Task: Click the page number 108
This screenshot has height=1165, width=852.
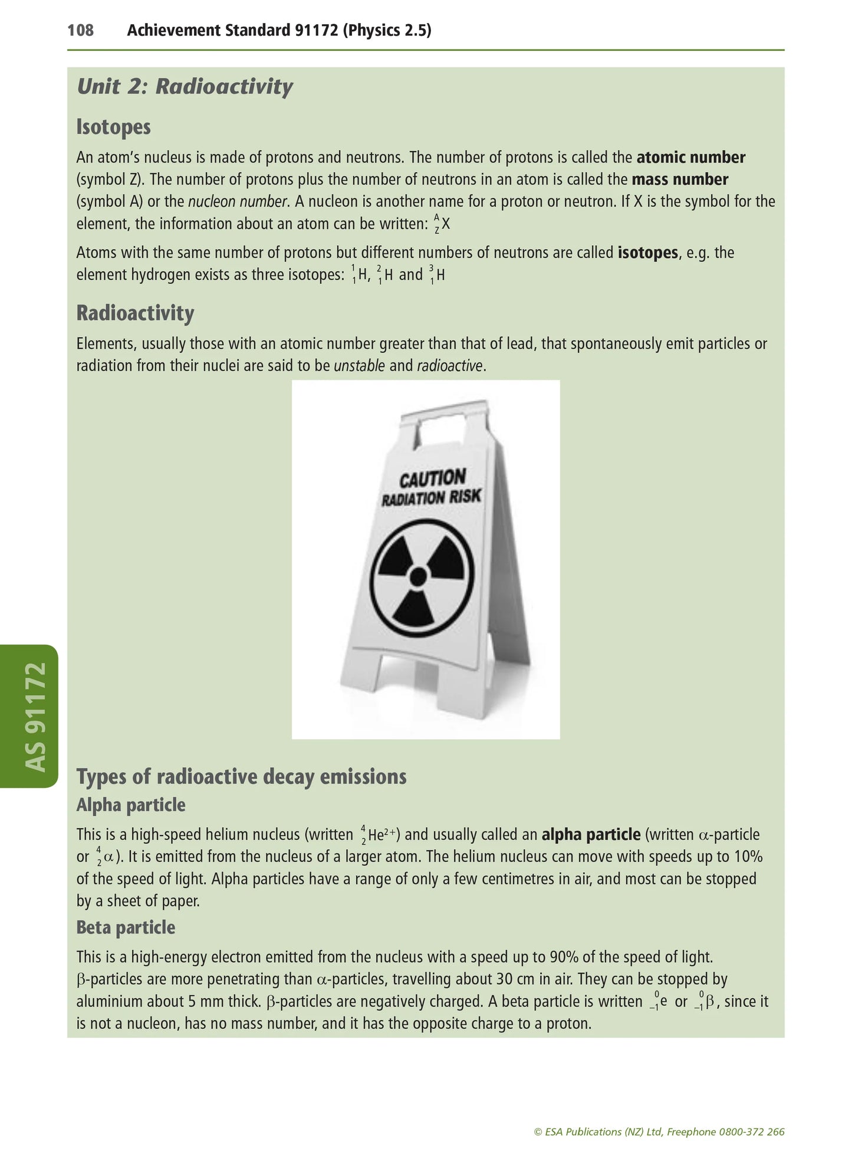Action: [x=80, y=30]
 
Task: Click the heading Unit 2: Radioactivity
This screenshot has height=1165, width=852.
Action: [x=185, y=87]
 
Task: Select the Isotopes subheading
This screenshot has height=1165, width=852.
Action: [x=113, y=127]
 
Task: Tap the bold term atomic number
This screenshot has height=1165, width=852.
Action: [x=690, y=157]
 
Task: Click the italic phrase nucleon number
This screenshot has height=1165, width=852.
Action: [x=238, y=202]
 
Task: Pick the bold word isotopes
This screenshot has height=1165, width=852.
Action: [x=647, y=253]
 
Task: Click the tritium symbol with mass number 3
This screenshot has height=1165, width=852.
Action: [x=437, y=275]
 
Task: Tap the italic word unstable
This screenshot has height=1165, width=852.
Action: [x=359, y=366]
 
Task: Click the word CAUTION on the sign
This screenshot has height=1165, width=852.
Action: [x=433, y=478]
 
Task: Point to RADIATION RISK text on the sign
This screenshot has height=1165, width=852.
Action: [x=431, y=499]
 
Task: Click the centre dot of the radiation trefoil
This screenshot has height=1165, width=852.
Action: [x=418, y=576]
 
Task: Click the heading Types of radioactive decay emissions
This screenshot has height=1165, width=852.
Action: [x=241, y=777]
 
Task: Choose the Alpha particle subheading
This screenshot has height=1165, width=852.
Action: [x=131, y=805]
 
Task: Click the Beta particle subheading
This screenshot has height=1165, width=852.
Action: [x=126, y=928]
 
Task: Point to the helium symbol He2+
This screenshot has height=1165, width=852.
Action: [x=380, y=835]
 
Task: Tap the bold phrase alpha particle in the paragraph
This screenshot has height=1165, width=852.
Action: [x=590, y=835]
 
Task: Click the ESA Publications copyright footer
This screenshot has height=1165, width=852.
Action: [x=659, y=1131]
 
